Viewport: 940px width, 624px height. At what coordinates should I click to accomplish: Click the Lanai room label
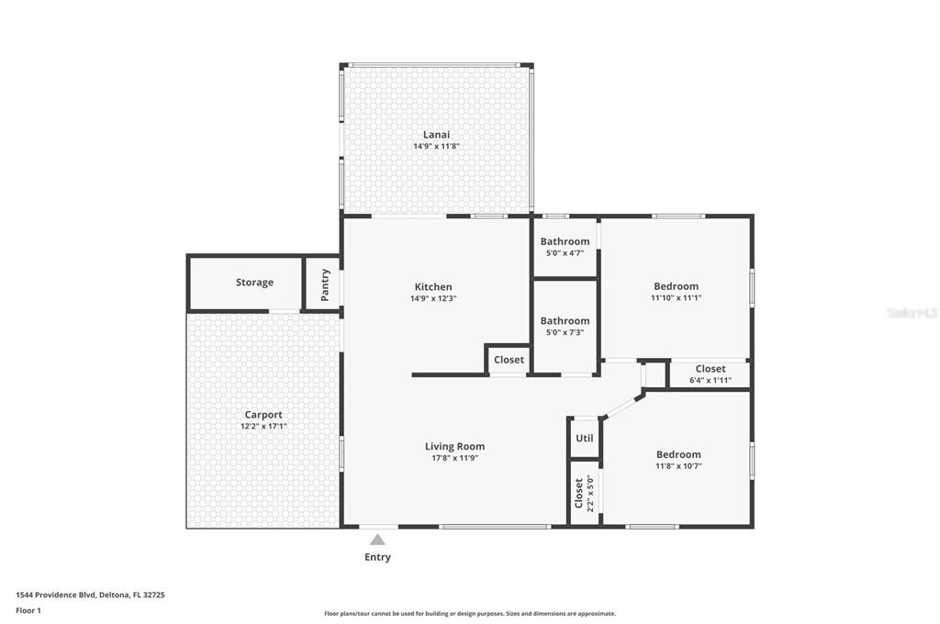(x=436, y=135)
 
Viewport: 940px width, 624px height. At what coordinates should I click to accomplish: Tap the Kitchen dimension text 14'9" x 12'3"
(x=433, y=298)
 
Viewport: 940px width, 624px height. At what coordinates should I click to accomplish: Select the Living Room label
(x=455, y=447)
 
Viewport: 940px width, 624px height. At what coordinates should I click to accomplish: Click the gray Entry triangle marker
(x=377, y=540)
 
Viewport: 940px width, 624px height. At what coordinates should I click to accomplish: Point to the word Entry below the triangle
(x=377, y=557)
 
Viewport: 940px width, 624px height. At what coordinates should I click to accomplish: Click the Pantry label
(x=325, y=284)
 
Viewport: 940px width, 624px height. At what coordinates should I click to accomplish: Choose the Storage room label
(x=255, y=283)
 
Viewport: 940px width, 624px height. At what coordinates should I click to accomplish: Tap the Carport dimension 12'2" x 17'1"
(x=263, y=426)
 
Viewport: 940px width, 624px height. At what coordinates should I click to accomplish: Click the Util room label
(x=585, y=439)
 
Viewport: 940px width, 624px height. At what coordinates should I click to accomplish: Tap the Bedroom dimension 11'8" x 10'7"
(x=678, y=466)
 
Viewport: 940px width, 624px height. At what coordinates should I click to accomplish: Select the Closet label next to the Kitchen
(x=509, y=360)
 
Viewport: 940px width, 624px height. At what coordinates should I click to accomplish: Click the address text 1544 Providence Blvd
(x=56, y=596)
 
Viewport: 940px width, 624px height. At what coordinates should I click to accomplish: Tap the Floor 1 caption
(x=28, y=611)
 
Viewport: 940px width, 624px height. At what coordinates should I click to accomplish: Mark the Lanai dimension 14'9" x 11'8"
(x=436, y=146)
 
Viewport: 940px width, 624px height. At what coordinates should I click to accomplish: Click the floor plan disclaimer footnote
(x=470, y=614)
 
